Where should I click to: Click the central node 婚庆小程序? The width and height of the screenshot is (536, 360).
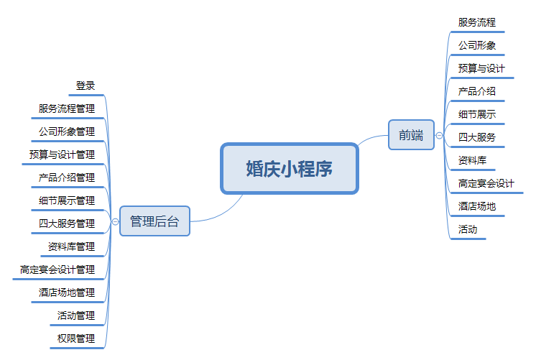click(x=289, y=169)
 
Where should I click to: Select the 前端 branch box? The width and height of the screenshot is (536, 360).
click(x=411, y=134)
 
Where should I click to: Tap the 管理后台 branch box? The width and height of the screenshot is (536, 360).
click(x=154, y=221)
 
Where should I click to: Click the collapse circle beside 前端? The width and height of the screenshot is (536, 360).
click(x=439, y=135)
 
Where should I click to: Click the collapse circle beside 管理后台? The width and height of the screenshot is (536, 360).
click(x=115, y=221)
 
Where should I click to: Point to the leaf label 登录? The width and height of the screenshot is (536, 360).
click(x=86, y=86)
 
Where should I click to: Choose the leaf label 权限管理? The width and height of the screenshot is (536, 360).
click(x=76, y=338)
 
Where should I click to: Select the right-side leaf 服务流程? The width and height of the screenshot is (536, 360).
click(x=477, y=22)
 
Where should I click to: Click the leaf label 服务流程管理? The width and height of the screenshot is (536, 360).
click(x=67, y=109)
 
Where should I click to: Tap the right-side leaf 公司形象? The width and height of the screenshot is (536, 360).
click(x=477, y=45)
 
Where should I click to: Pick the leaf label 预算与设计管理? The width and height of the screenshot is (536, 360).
click(x=62, y=154)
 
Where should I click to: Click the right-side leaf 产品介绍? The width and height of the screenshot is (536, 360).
click(x=477, y=91)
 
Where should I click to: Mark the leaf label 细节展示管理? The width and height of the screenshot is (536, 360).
click(x=67, y=200)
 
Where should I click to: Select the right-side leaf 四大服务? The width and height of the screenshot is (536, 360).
click(x=477, y=137)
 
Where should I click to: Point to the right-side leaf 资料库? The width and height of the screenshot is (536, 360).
click(x=472, y=160)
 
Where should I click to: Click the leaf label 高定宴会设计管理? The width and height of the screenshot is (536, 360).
click(x=57, y=269)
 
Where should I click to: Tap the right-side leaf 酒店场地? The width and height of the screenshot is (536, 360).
click(x=477, y=206)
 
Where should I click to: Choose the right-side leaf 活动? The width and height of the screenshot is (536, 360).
click(x=468, y=229)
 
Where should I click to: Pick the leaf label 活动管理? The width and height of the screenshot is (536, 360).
click(x=76, y=315)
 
